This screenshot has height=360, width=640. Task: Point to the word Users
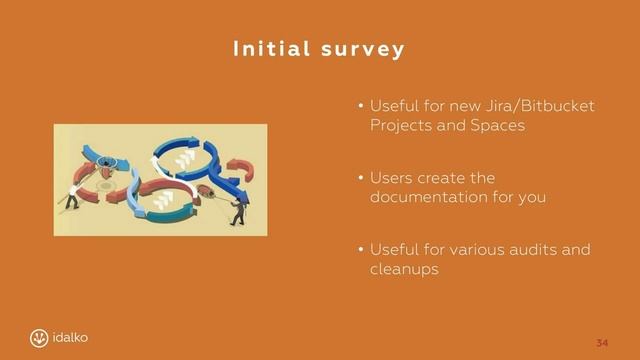tap(392, 178)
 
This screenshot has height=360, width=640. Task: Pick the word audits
tap(537, 250)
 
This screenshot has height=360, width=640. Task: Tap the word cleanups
tap(404, 270)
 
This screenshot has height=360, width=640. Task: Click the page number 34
tap(601, 343)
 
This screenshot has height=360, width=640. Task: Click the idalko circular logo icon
tap(39, 338)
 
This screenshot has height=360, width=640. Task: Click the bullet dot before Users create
tap(361, 179)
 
